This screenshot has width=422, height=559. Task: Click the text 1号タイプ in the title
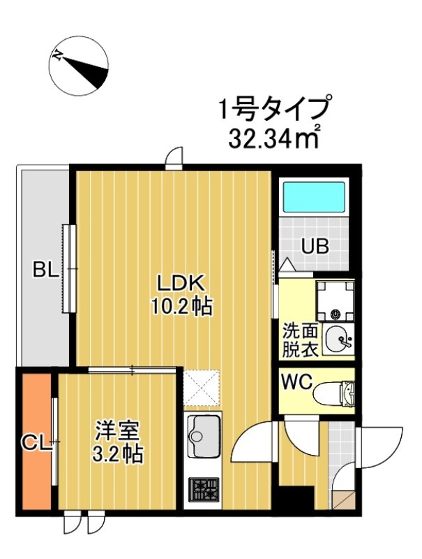point(273,110)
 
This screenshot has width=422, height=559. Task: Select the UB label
point(315,247)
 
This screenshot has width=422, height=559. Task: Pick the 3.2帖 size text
point(118,455)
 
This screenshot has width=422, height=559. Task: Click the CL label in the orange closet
point(36,442)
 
